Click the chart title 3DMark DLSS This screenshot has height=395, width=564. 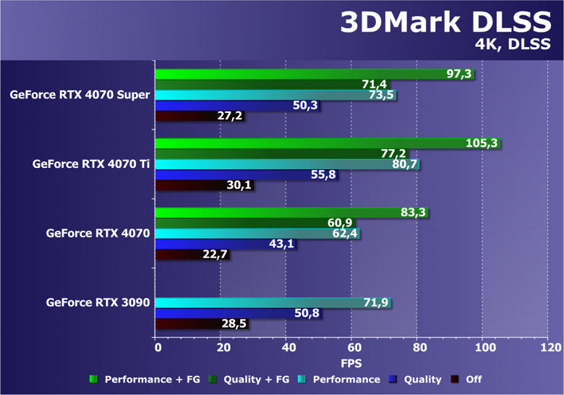click(441, 22)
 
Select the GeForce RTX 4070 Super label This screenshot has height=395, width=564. click(80, 95)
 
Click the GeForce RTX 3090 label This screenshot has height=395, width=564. click(98, 302)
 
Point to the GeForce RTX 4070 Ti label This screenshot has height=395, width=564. click(91, 164)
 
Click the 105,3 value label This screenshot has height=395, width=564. click(482, 143)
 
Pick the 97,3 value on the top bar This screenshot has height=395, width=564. click(459, 75)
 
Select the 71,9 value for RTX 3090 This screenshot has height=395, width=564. click(375, 303)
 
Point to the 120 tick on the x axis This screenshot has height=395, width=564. click(549, 348)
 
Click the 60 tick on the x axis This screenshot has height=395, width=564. click(351, 348)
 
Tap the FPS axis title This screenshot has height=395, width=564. click(352, 362)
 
